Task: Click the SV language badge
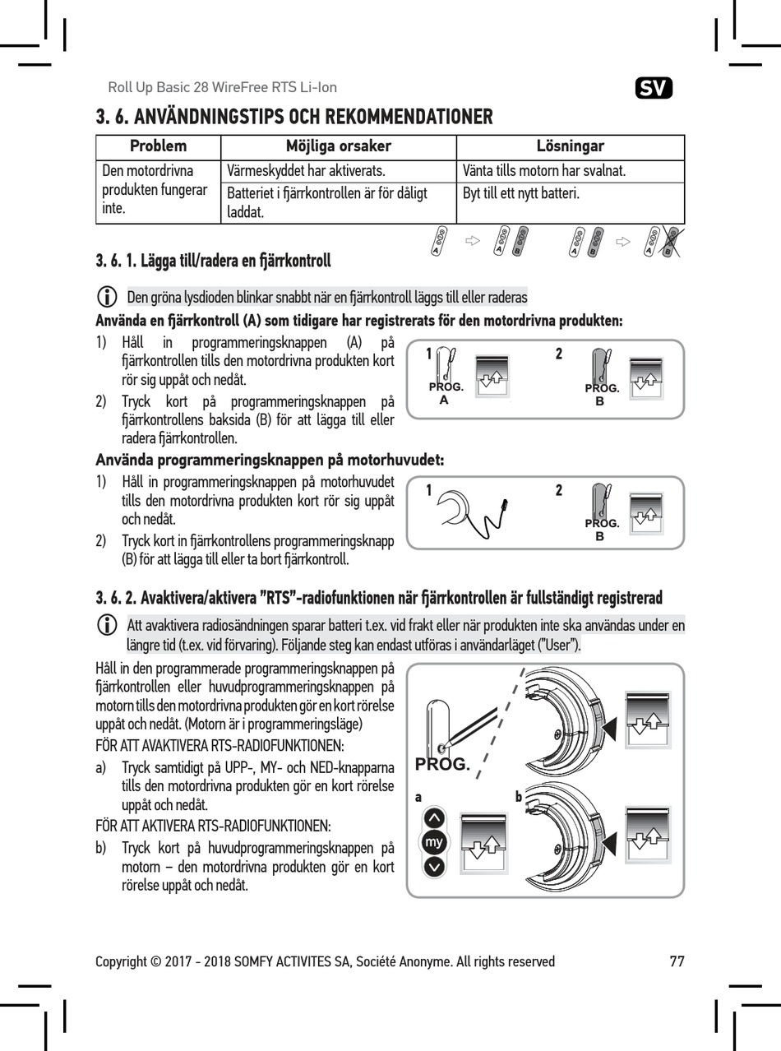tap(654, 87)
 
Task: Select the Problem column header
tap(159, 146)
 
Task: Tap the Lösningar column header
tap(570, 146)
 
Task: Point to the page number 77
tap(677, 961)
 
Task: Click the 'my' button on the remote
tap(434, 842)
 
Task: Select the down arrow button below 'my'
tap(434, 866)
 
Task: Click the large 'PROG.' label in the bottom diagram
tap(442, 764)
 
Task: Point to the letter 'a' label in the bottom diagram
tap(418, 797)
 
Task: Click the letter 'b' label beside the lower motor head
tap(519, 797)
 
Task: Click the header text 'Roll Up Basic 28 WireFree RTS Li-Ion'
tap(222, 87)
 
